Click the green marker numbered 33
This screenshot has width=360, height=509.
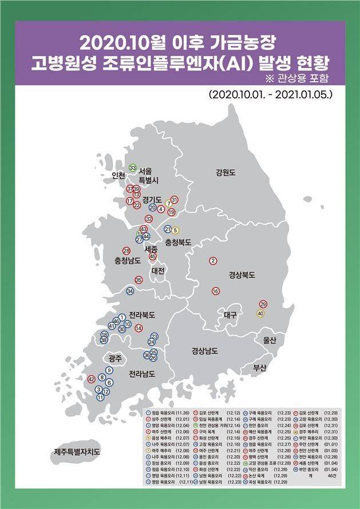click(x=133, y=168)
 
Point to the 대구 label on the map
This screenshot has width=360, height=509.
click(x=232, y=315)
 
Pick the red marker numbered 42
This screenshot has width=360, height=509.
click(x=90, y=379)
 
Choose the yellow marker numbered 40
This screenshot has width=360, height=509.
click(x=260, y=313)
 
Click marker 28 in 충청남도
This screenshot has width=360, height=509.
click(x=126, y=250)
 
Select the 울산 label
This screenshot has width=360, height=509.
click(x=269, y=340)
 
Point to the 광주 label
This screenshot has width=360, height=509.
click(x=115, y=359)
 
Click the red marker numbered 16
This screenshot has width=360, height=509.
click(x=215, y=291)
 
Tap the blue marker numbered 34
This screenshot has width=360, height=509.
click(x=130, y=291)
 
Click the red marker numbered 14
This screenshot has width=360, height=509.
click(x=139, y=328)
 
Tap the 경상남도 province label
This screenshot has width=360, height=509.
click(x=205, y=351)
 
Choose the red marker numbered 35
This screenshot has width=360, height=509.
click(x=139, y=280)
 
